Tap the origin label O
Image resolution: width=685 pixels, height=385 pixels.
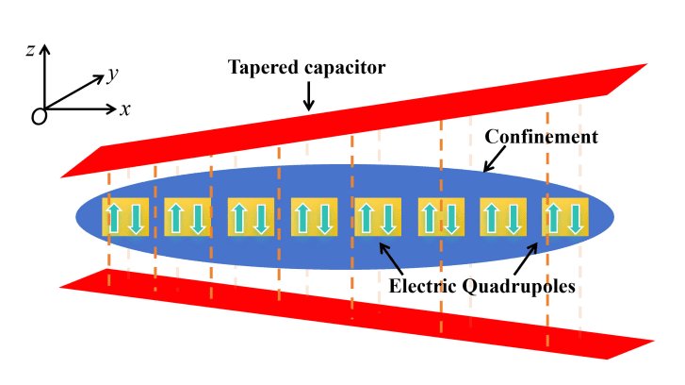(x=39, y=115)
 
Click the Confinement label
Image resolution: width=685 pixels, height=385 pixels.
(x=541, y=137)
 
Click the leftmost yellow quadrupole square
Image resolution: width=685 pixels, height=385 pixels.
(x=124, y=217)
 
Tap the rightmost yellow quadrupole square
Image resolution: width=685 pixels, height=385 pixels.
(x=564, y=217)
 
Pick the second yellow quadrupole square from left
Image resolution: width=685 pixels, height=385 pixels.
(x=188, y=217)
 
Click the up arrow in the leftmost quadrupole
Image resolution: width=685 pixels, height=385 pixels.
(x=114, y=218)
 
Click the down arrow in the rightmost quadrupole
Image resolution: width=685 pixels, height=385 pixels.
(x=576, y=218)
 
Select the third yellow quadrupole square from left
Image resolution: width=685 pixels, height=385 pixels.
(x=251, y=217)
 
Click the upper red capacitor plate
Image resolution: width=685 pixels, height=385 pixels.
(x=377, y=113)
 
